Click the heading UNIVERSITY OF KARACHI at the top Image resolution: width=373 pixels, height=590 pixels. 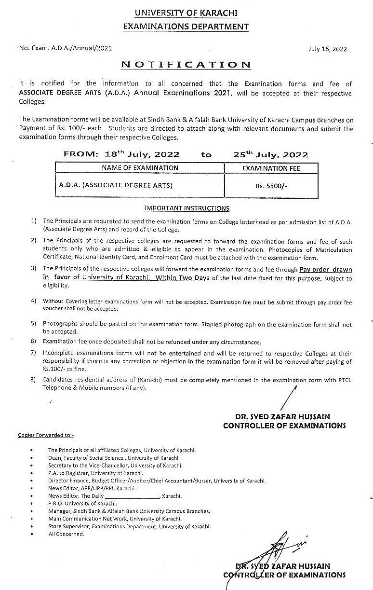[186, 13]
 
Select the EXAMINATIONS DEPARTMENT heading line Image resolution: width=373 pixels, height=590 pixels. [186, 27]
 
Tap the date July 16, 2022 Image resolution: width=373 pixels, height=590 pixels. [327, 49]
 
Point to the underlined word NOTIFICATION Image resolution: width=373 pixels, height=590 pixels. [186, 64]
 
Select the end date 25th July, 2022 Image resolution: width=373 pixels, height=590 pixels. [270, 154]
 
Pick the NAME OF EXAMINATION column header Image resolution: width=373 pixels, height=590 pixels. [140, 168]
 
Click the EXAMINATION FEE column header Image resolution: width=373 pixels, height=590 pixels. [271, 168]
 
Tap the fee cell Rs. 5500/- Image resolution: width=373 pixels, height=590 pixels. [271, 185]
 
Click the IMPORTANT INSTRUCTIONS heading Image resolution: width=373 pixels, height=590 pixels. [187, 208]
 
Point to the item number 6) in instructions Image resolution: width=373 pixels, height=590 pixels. [33, 342]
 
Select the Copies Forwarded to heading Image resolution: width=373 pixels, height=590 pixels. [46, 435]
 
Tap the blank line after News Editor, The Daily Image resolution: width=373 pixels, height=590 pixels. [132, 496]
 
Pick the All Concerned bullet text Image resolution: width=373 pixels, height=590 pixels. [66, 534]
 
